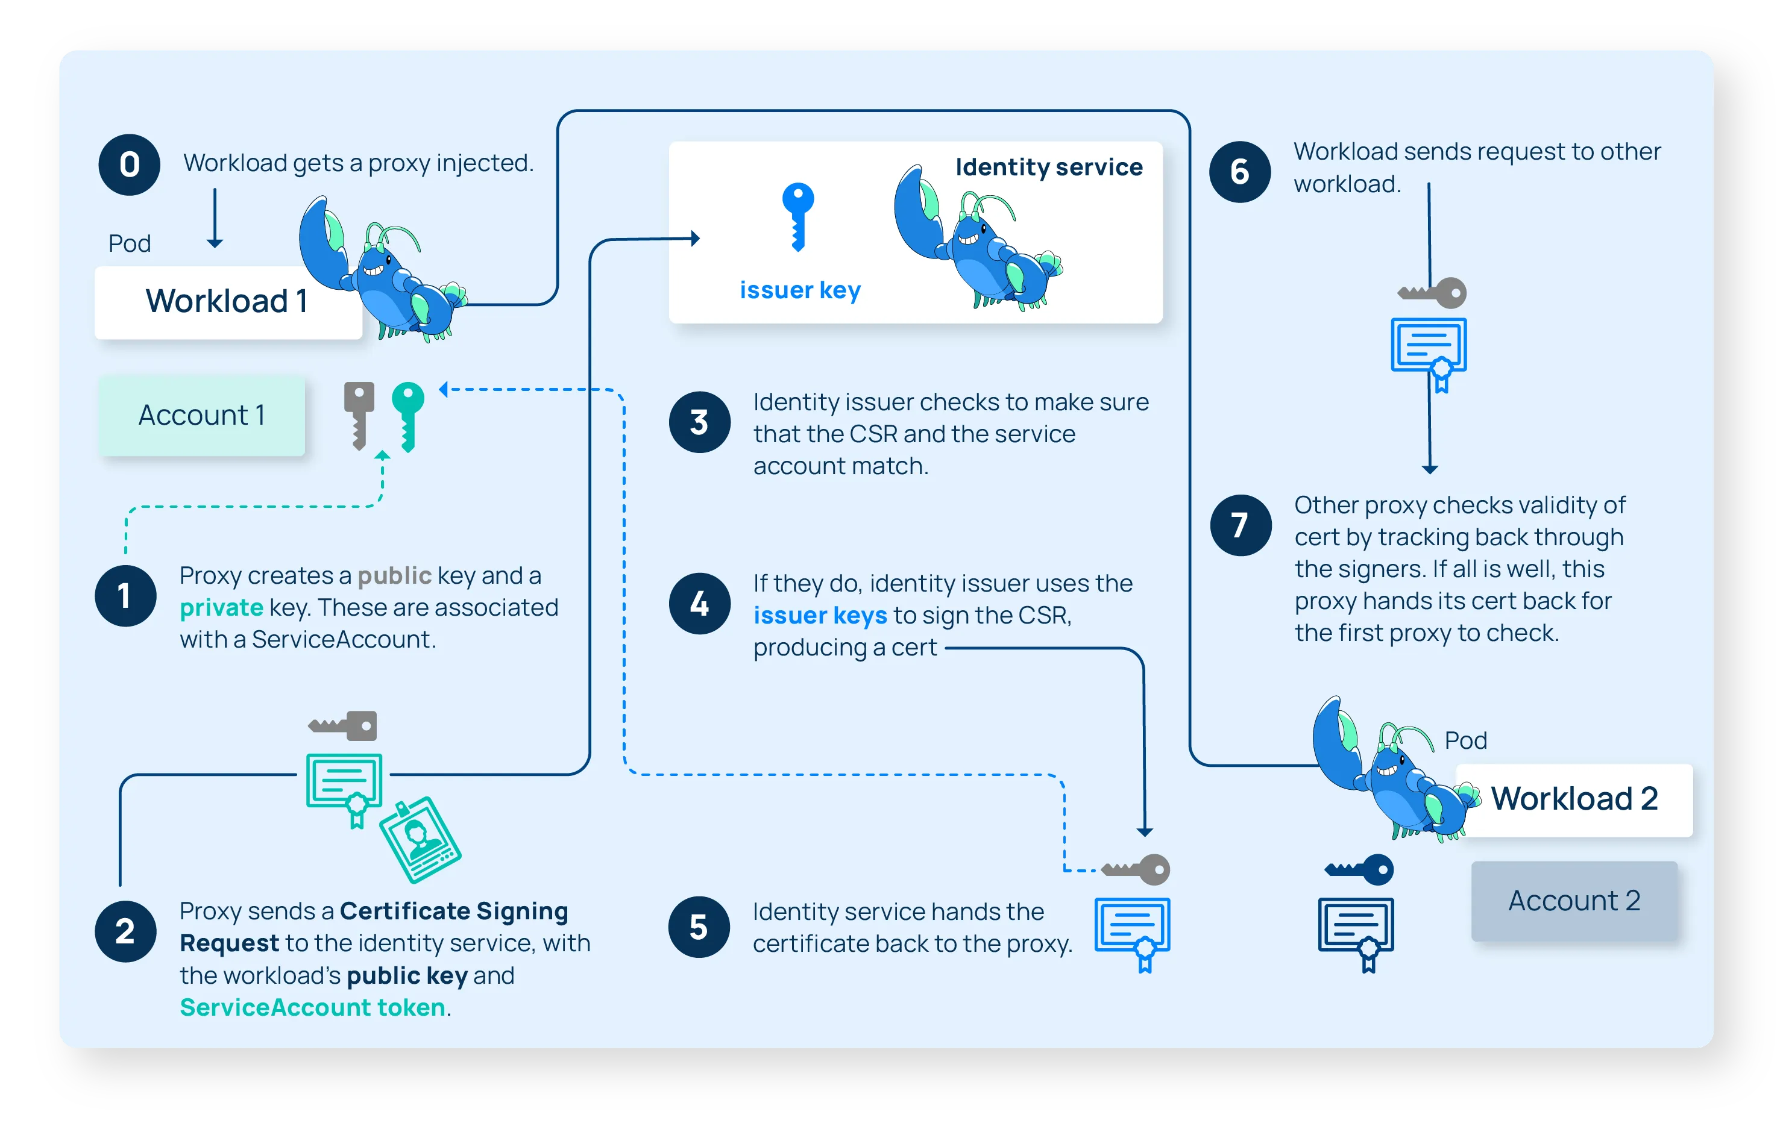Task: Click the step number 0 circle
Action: [130, 165]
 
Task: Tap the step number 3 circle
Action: [699, 422]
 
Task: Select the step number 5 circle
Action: [699, 927]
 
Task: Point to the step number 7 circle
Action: [1241, 525]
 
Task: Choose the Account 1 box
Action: [201, 415]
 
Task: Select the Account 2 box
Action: [1574, 901]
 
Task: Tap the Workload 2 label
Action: [1574, 799]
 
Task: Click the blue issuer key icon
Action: [797, 216]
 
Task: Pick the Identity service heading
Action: [1048, 167]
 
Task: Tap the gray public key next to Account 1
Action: [359, 414]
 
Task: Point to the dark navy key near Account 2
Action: [1360, 869]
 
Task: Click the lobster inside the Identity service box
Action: [976, 240]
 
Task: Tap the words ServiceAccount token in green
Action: [312, 1008]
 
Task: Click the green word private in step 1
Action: [221, 607]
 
